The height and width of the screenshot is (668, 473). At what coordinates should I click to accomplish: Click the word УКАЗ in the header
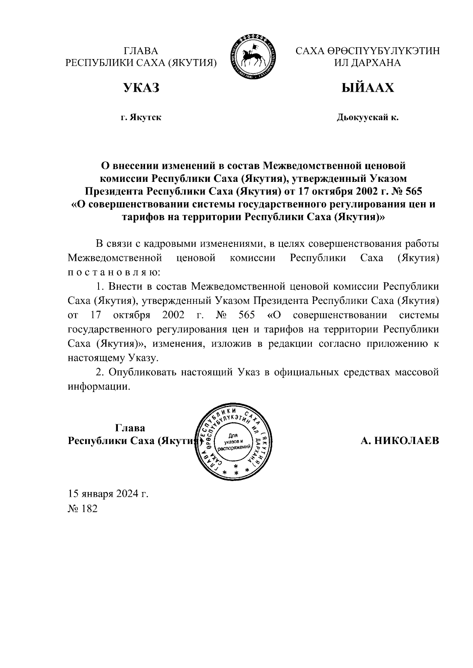[141, 88]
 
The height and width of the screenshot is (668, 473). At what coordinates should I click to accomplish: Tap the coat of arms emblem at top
[254, 57]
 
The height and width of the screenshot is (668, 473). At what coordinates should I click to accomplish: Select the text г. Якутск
[141, 117]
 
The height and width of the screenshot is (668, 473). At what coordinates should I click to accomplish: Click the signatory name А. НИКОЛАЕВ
[400, 441]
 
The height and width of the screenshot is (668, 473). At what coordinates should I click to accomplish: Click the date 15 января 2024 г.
[108, 494]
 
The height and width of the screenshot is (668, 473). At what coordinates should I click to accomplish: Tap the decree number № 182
[82, 509]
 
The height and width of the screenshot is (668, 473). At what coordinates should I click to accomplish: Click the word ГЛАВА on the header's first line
[141, 52]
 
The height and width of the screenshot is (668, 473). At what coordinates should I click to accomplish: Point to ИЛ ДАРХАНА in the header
[367, 63]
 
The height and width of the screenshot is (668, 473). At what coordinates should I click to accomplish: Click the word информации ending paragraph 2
[99, 387]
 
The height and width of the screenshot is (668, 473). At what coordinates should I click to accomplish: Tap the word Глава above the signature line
[130, 428]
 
